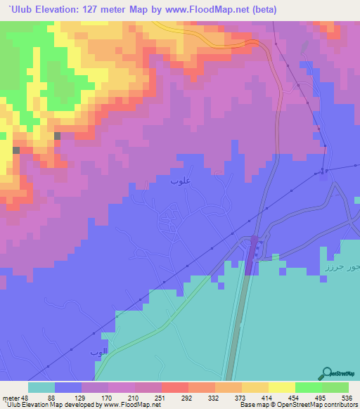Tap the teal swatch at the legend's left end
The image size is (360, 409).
pyautogui.click(x=41, y=387)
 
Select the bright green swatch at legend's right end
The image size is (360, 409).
pyautogui.click(x=335, y=387)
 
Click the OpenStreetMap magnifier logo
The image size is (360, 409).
pyautogui.click(x=326, y=373)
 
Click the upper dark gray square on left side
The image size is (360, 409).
pyautogui.click(x=57, y=136)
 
